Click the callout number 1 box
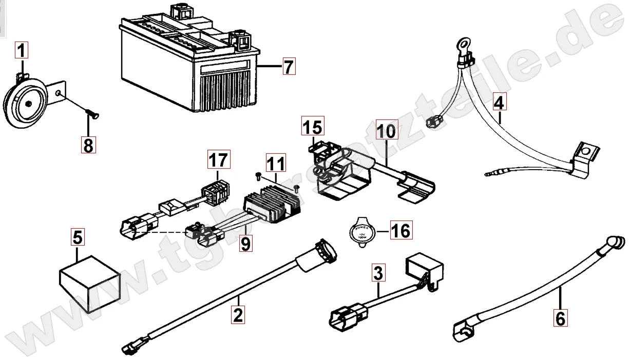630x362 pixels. (x=22, y=51)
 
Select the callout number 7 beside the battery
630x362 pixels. (x=289, y=67)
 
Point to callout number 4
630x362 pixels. (x=498, y=103)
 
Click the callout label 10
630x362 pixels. (x=386, y=131)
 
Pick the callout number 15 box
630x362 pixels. (x=313, y=126)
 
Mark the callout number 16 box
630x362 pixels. (x=401, y=231)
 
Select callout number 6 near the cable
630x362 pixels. (x=560, y=318)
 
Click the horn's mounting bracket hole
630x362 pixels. (x=61, y=93)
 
